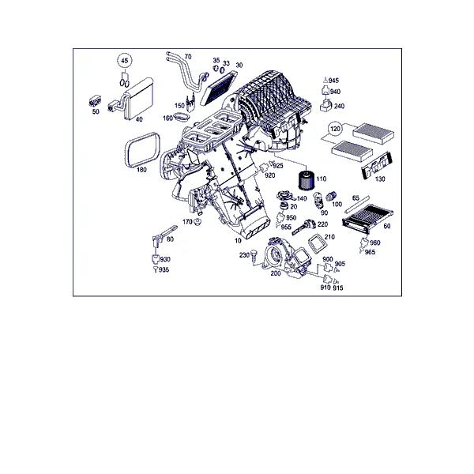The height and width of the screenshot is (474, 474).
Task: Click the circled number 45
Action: pos(125,61)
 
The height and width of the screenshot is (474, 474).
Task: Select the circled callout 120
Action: pos(335,129)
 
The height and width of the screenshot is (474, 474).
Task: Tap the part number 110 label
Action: pos(322,179)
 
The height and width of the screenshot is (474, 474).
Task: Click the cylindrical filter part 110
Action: pos(307,180)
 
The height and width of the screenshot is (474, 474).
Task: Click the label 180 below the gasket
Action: pos(141,170)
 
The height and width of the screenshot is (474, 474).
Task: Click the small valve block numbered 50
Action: pos(96,101)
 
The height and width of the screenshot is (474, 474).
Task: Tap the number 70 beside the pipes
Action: pos(188,57)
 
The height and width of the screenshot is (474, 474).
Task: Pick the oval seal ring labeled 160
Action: pos(182,117)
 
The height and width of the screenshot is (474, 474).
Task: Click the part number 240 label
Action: pos(339,106)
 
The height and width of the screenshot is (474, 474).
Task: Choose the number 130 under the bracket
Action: pos(380,179)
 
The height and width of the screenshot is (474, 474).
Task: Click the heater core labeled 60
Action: pos(367,218)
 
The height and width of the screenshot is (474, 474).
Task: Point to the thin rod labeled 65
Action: pos(357,205)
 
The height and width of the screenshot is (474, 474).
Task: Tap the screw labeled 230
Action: pos(254,256)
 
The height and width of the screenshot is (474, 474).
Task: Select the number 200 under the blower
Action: pos(276,273)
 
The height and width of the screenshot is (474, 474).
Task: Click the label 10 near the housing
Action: pos(239,241)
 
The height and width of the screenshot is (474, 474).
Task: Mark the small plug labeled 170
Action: pos(198,222)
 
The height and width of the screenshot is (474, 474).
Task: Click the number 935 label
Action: pos(164,270)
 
